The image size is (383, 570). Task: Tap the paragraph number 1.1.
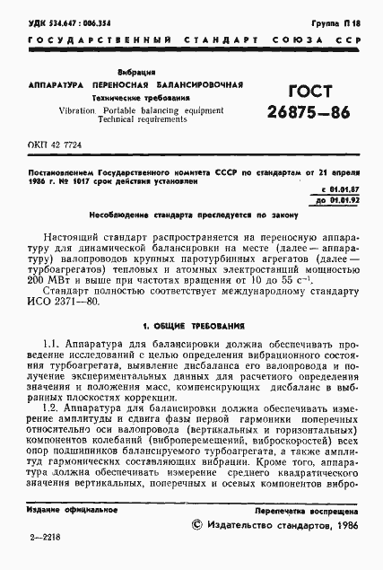click(x=51, y=346)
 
